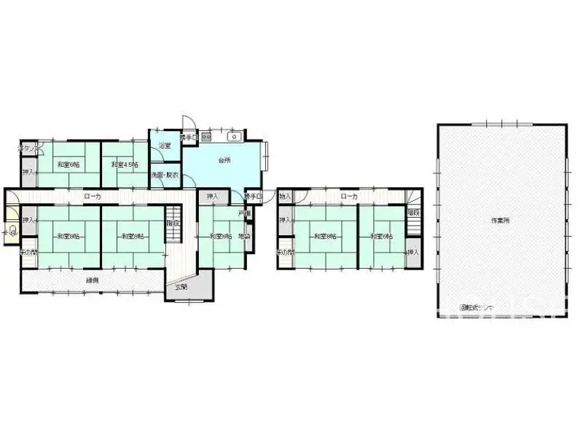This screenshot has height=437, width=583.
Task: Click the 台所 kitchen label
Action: [x=224, y=160]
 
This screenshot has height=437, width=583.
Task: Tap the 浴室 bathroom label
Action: [x=165, y=146]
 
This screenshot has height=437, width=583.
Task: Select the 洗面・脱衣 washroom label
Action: [x=165, y=176]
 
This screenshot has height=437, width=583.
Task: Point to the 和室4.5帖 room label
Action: [x=124, y=165]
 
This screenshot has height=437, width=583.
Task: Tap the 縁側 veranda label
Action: [x=92, y=280]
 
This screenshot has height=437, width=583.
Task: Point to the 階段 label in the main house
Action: [x=173, y=222]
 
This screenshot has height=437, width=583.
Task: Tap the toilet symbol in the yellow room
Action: [x=11, y=232]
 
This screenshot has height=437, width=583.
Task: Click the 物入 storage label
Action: [x=285, y=197]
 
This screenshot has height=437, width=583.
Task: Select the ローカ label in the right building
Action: [x=349, y=196]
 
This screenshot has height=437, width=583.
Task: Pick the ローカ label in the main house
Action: [x=93, y=196]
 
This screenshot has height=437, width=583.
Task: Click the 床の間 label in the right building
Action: [x=284, y=252]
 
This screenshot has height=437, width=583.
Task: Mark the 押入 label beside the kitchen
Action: [x=212, y=197]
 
